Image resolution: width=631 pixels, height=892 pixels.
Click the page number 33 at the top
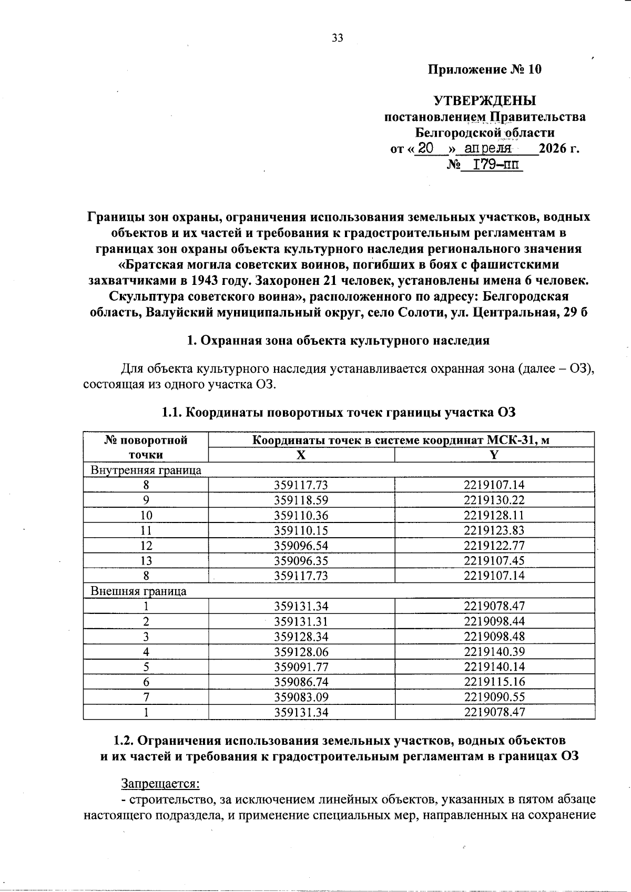click(x=338, y=38)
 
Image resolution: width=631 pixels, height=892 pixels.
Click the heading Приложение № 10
click(x=484, y=69)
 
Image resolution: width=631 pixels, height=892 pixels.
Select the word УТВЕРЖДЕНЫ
click(x=484, y=100)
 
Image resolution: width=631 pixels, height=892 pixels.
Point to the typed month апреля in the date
click(x=488, y=148)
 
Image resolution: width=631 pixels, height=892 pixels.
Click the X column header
click(x=301, y=455)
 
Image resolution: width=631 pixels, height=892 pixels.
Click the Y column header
click(x=494, y=455)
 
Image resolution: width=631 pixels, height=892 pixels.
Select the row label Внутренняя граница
click(x=146, y=470)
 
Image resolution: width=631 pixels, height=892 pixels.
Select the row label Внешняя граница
click(x=138, y=591)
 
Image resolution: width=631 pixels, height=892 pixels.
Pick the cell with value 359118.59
click(x=301, y=500)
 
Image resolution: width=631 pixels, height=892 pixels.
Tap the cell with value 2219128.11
click(x=494, y=515)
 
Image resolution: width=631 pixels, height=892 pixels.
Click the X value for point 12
click(x=301, y=546)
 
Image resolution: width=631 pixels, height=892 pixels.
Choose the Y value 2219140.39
click(x=494, y=652)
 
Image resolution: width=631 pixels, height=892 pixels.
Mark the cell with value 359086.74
click(x=301, y=682)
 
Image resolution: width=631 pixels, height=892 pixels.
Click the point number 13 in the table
click(x=146, y=561)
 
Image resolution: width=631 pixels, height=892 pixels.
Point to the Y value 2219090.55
click(x=494, y=698)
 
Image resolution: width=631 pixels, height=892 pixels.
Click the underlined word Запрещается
click(x=161, y=784)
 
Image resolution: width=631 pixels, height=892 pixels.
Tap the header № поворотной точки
click(x=146, y=447)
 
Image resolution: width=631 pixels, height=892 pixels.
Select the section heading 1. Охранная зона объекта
click(x=338, y=340)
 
